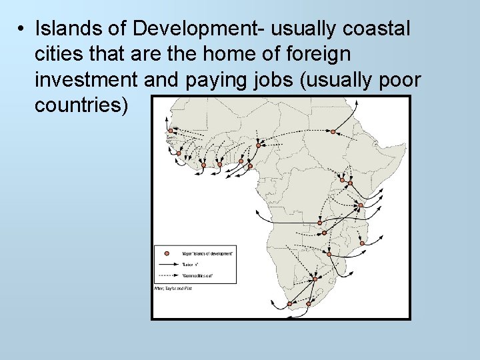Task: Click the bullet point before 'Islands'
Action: pyautogui.click(x=22, y=29)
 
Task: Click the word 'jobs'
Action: pyautogui.click(x=272, y=79)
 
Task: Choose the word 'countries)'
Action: pyautogui.click(x=81, y=105)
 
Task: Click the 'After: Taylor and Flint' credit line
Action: pyautogui.click(x=173, y=288)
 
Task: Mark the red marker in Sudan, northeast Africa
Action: pyautogui.click(x=333, y=132)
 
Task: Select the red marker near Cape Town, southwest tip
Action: pyautogui.click(x=289, y=303)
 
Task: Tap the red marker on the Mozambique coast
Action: pyautogui.click(x=362, y=243)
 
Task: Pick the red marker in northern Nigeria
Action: pyautogui.click(x=258, y=145)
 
